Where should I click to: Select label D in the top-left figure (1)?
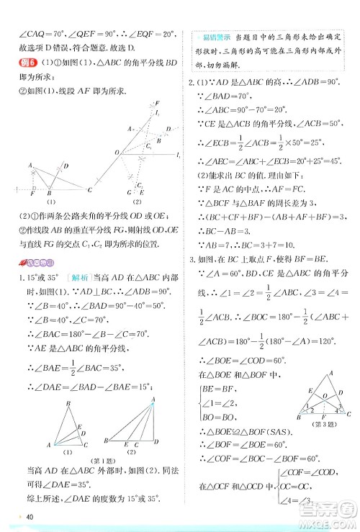(66, 165)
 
